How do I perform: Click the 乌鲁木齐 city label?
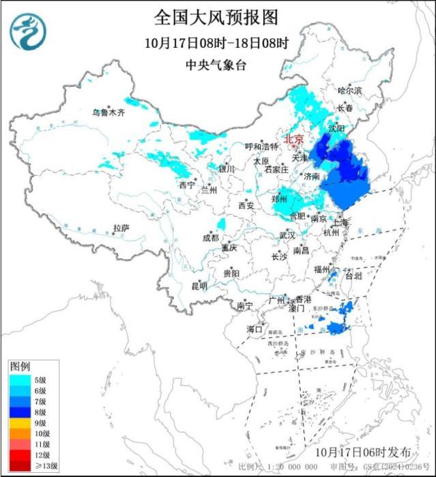[x=109, y=112]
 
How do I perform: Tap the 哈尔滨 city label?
[x=350, y=91]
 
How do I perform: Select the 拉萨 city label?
[x=121, y=228]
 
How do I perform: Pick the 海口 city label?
[x=254, y=329]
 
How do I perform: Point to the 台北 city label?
[x=353, y=277]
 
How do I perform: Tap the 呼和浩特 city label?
[x=262, y=147]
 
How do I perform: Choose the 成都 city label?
[x=210, y=238]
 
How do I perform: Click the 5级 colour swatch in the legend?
[x=18, y=380]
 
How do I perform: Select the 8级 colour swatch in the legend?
[x=18, y=412]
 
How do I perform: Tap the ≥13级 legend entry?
[x=27, y=467]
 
